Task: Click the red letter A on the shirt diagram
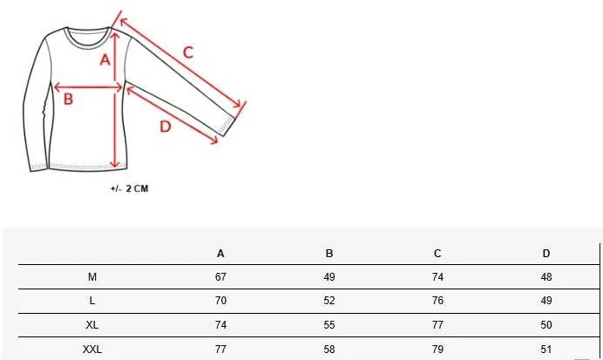pyautogui.click(x=105, y=60)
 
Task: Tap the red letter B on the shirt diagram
pyautogui.click(x=68, y=98)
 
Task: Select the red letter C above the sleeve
pyautogui.click(x=187, y=52)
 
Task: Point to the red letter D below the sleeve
pyautogui.click(x=166, y=126)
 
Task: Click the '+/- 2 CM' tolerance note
pyautogui.click(x=129, y=188)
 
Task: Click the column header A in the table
pyautogui.click(x=220, y=254)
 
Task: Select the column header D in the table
pyautogui.click(x=546, y=254)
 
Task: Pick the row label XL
pyautogui.click(x=91, y=325)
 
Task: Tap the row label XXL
pyautogui.click(x=92, y=350)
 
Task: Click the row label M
pyautogui.click(x=92, y=277)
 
